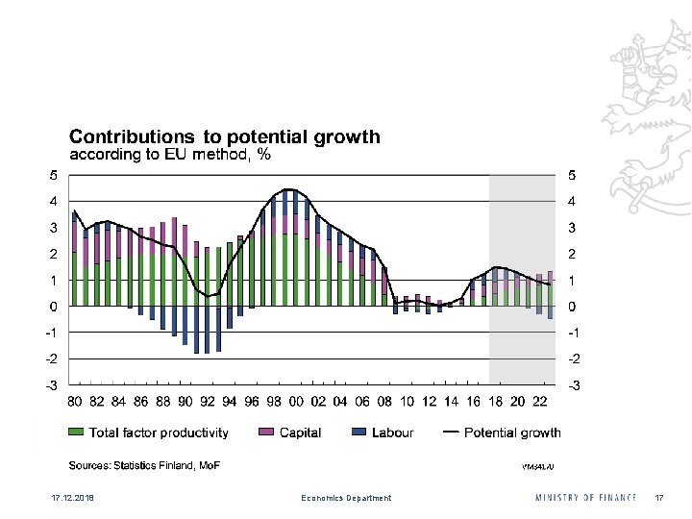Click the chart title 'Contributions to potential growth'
pyautogui.click(x=224, y=136)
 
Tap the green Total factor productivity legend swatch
pyautogui.click(x=75, y=432)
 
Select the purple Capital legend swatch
pyautogui.click(x=266, y=432)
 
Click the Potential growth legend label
pyautogui.click(x=512, y=432)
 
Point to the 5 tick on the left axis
pyautogui.click(x=53, y=175)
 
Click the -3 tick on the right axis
pyautogui.click(x=574, y=384)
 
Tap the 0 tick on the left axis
pyautogui.click(x=53, y=307)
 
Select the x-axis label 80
pyautogui.click(x=75, y=401)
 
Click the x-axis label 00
pyautogui.click(x=296, y=401)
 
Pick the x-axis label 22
pyautogui.click(x=540, y=401)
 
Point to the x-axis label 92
pyautogui.click(x=208, y=401)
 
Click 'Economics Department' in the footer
pyautogui.click(x=346, y=498)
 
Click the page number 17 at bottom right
pyautogui.click(x=659, y=498)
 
